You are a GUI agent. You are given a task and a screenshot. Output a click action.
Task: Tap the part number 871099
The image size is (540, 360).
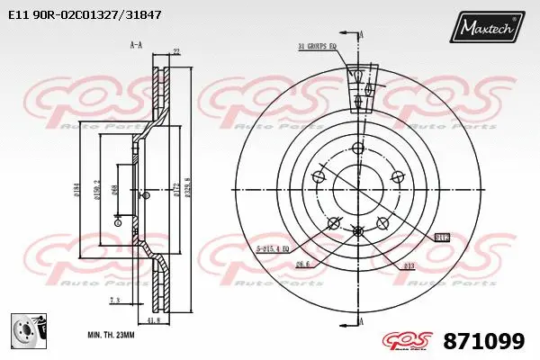coord(486,341)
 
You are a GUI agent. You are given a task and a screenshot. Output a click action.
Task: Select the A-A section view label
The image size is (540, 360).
coord(136,44)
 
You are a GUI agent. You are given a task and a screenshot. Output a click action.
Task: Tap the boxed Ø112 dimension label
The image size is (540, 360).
coord(442,238)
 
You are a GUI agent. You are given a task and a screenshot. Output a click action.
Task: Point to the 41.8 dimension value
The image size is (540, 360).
coord(152,319)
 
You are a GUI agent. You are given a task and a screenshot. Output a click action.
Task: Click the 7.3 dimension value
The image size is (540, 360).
coord(115,300)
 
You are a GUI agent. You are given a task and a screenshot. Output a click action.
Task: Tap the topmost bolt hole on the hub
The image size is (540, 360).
coord(357,148)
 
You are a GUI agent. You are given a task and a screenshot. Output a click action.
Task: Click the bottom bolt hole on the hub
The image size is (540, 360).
coord(358,232)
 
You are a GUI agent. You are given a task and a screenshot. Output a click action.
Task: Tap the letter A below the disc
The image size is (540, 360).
coord(362,319)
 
